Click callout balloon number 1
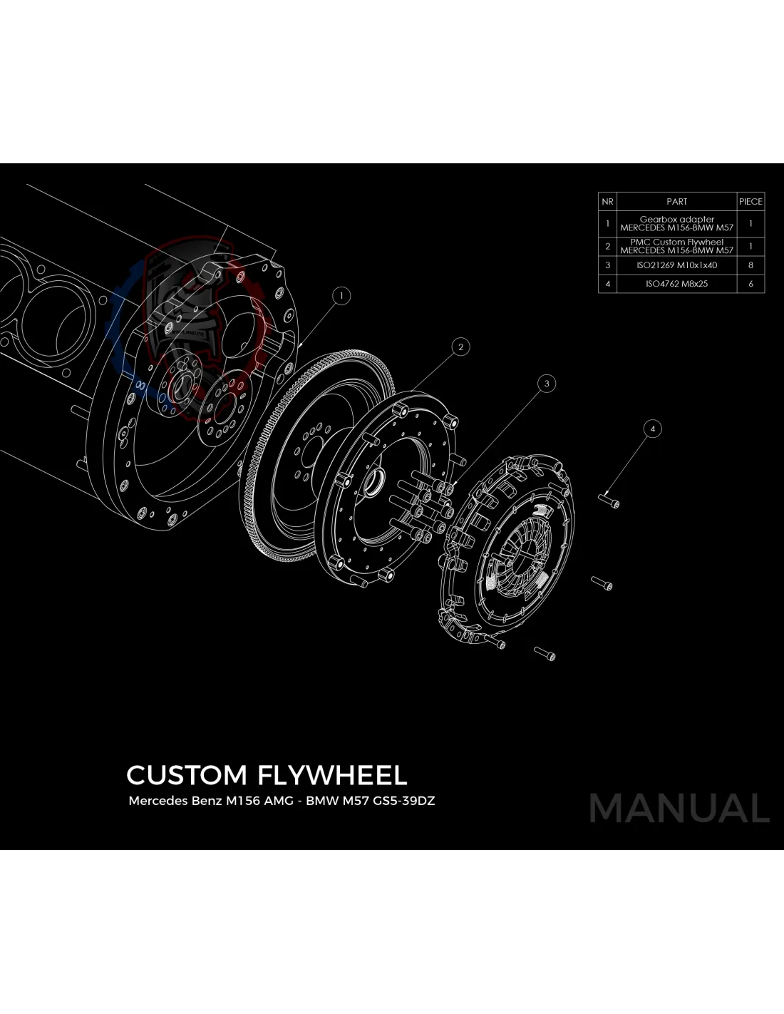click(341, 295)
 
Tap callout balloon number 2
click(460, 347)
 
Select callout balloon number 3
click(547, 384)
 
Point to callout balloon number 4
click(652, 429)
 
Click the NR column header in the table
click(607, 202)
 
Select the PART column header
click(676, 202)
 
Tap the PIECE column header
click(751, 202)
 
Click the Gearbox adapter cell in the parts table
click(676, 224)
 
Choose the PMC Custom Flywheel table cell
click(676, 246)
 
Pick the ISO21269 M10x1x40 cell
click(676, 265)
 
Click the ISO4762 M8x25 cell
click(676, 284)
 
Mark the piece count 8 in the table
click(751, 265)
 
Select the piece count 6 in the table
click(751, 284)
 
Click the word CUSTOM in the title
click(187, 775)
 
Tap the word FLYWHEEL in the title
click(332, 775)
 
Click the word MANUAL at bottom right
click(679, 809)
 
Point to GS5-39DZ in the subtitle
click(404, 801)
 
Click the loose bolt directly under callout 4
click(610, 501)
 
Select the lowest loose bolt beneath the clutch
click(545, 652)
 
